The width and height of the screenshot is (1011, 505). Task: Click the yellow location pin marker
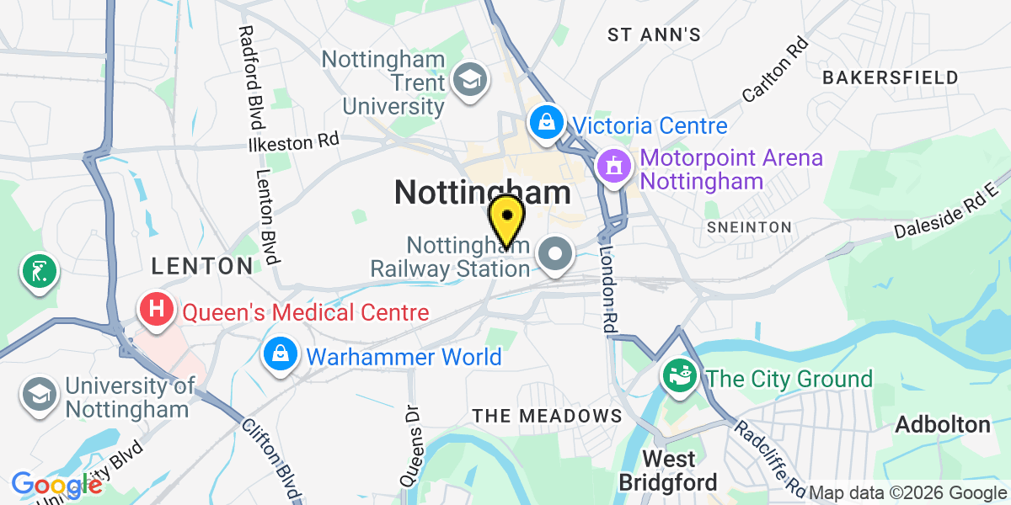click(x=506, y=220)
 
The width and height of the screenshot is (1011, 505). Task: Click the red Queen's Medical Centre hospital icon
click(x=157, y=309)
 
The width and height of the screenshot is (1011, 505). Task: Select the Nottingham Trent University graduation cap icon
click(x=465, y=80)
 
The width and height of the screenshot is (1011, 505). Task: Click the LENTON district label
click(x=201, y=267)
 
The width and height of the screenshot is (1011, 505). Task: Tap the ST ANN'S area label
click(x=655, y=35)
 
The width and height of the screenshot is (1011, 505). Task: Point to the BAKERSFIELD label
click(x=891, y=77)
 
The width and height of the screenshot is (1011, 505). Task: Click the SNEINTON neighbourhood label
click(x=749, y=227)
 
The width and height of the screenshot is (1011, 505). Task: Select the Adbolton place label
click(x=943, y=424)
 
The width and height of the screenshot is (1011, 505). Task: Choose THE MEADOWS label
click(x=547, y=416)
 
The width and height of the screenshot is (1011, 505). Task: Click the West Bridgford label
click(x=669, y=470)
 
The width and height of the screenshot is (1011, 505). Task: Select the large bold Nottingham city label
click(x=482, y=193)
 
